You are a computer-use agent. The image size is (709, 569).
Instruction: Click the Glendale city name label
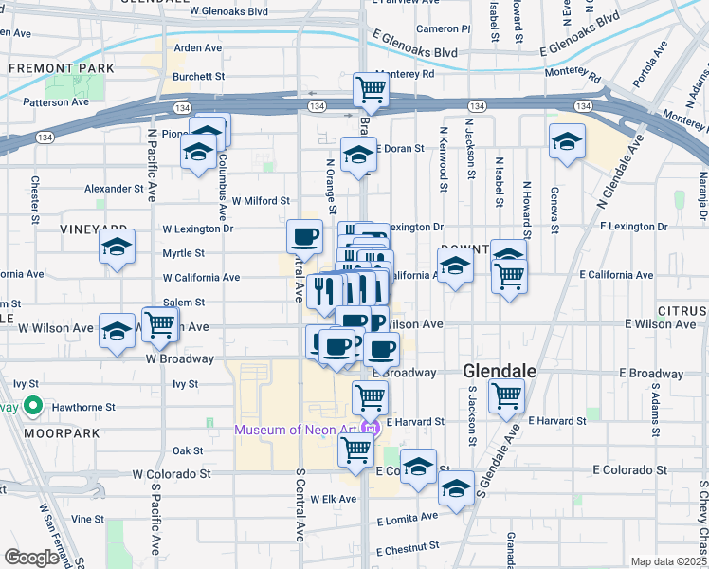(x=500, y=370)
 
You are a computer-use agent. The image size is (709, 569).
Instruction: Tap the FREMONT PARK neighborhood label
(x=62, y=68)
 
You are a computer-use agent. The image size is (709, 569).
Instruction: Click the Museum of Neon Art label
(x=300, y=430)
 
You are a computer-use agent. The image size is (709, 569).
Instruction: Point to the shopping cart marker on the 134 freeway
(x=370, y=90)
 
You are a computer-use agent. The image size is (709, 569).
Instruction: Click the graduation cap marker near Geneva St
(x=567, y=141)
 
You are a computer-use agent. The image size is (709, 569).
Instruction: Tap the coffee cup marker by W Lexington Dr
(x=304, y=235)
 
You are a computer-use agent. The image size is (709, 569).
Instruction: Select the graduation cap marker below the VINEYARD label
(x=117, y=248)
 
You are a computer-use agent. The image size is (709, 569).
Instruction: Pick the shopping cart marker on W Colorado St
(x=355, y=450)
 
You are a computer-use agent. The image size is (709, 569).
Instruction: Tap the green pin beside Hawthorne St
(x=33, y=407)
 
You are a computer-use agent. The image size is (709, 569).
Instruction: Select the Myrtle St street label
(x=183, y=253)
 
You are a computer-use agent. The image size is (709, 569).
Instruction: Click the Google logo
(x=31, y=558)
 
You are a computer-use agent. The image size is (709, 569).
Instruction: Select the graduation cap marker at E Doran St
(x=358, y=154)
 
